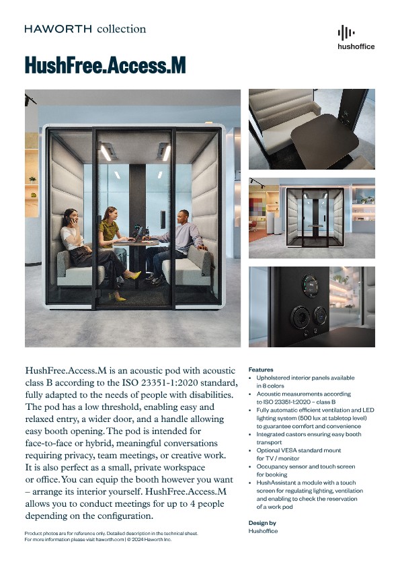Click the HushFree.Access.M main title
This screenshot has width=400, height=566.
click(105, 66)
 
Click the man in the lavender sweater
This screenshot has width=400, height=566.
click(180, 236)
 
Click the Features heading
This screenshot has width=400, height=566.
click(261, 370)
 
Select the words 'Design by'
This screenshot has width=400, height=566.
click(262, 523)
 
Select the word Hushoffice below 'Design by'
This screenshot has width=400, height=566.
click(263, 531)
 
